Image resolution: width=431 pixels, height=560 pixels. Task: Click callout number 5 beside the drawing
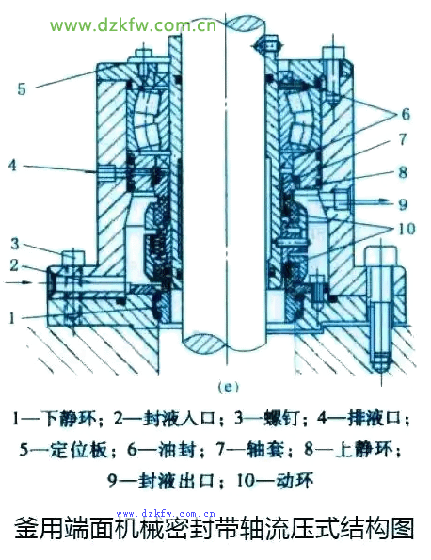(22, 88)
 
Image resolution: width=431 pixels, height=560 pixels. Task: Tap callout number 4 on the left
(13, 165)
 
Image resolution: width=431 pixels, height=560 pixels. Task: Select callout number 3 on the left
(15, 244)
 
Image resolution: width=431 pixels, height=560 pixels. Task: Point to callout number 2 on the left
(14, 265)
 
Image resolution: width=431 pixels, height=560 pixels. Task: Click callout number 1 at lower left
(12, 317)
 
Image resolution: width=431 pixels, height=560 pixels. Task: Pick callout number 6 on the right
(406, 114)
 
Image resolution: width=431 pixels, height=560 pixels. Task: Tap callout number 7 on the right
(403, 139)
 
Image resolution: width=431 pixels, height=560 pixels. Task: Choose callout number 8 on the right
(403, 172)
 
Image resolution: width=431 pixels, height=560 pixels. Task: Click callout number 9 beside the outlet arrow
(403, 204)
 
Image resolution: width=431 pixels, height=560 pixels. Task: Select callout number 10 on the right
(406, 229)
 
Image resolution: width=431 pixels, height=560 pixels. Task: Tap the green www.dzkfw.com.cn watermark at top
(134, 25)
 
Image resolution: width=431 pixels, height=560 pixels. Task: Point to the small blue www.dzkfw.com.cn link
(166, 514)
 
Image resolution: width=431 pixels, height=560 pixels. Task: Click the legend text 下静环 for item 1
(69, 418)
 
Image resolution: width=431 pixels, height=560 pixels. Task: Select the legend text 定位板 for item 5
(78, 449)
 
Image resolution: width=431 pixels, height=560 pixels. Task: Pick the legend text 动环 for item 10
(295, 480)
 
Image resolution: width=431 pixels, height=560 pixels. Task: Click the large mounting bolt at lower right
(381, 310)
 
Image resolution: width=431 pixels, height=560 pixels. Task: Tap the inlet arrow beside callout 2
(18, 282)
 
